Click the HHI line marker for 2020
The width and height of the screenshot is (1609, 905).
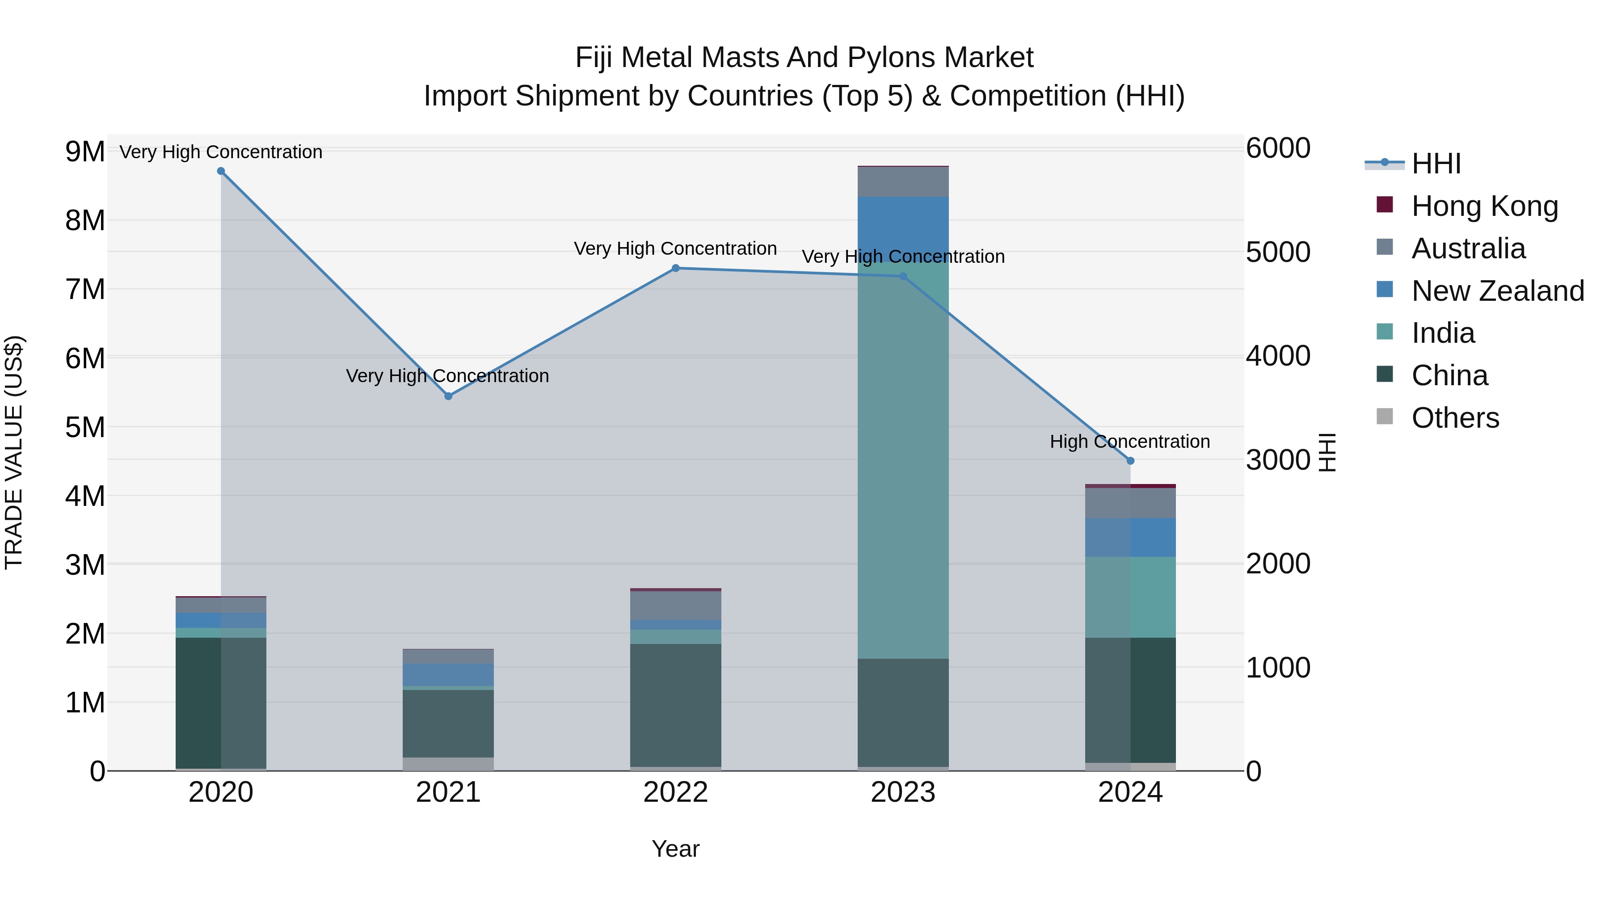pos(221,171)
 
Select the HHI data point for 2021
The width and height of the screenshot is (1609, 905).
pos(448,396)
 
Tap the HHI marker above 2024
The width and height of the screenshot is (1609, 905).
pos(1131,461)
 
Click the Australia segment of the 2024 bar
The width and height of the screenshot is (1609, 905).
pos(1131,503)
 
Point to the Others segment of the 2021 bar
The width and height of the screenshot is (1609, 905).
pos(448,763)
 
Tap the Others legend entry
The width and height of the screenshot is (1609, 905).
pos(1455,418)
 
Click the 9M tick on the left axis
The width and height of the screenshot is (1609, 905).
pos(85,152)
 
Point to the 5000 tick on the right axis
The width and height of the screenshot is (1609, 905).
pos(1278,253)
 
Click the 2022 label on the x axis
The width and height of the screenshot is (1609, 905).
pos(676,792)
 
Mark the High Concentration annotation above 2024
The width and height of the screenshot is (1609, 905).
pos(1130,442)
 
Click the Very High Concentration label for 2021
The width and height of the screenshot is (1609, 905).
pos(447,376)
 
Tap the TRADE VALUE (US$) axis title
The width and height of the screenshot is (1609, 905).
pos(14,452)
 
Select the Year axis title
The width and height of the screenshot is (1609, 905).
pos(676,849)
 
